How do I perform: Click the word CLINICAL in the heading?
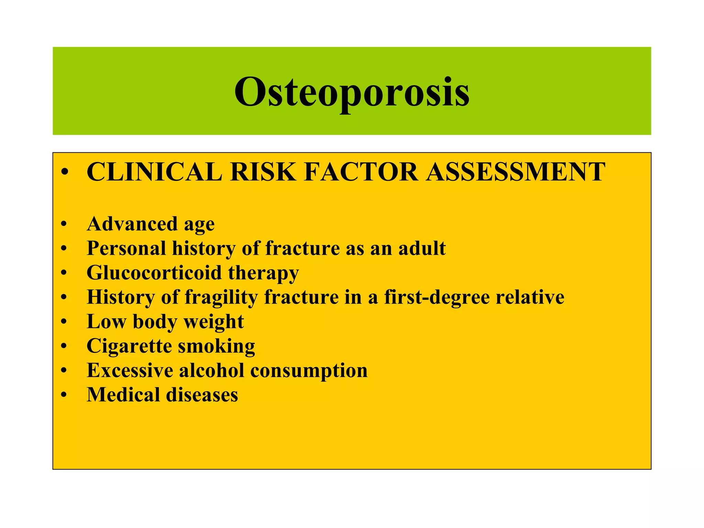click(154, 172)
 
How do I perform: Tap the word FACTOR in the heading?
click(361, 172)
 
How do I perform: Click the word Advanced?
click(132, 224)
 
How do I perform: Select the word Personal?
click(126, 248)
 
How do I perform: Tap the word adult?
click(422, 248)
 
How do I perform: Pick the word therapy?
click(263, 273)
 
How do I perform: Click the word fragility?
click(221, 297)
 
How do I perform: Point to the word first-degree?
click(437, 297)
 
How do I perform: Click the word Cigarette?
click(129, 346)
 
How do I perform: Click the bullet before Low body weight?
click(63, 322)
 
